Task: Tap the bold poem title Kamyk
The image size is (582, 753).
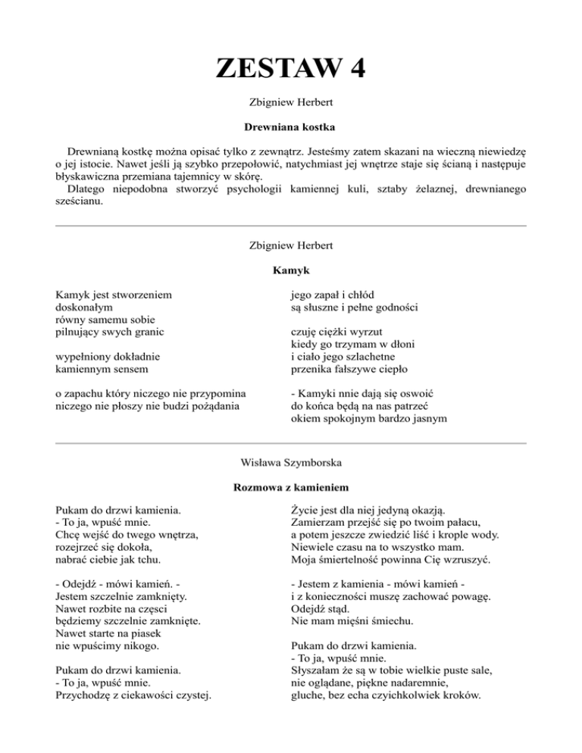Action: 291,270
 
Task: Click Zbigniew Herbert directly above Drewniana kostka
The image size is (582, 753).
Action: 291,101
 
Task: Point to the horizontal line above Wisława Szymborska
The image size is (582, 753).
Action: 291,443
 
